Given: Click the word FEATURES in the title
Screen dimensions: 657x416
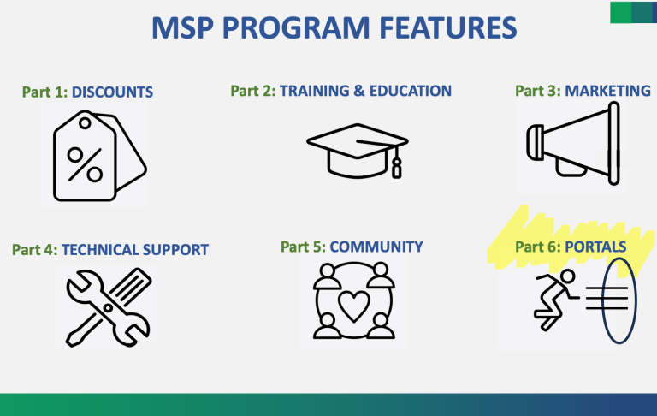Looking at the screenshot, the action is click(448, 28).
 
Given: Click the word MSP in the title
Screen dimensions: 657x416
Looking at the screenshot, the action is click(182, 28).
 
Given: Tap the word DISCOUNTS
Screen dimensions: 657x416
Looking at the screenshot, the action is click(112, 92).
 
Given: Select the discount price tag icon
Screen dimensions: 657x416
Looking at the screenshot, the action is click(100, 156).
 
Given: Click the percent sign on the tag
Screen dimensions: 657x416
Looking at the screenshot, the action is click(85, 165).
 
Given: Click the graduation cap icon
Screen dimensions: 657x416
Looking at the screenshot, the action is click(358, 152).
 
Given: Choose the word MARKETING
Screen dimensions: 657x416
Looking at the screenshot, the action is click(607, 91).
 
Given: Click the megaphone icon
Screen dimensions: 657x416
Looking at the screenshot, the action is click(573, 144).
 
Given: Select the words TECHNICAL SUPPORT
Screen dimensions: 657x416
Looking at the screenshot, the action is click(135, 250).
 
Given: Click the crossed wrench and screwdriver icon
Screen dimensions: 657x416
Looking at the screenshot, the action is click(109, 307).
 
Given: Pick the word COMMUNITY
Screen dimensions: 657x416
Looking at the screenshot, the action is click(376, 247).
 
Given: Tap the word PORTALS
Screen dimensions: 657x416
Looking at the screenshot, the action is click(595, 247).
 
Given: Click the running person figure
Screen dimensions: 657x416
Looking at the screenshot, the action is click(556, 299).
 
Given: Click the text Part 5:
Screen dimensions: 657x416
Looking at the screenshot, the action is click(303, 247).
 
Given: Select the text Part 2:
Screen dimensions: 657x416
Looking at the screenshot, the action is click(253, 91).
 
